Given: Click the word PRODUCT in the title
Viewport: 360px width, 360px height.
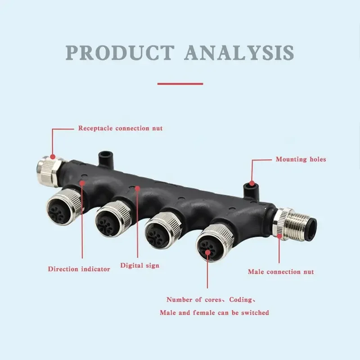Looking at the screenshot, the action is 120,53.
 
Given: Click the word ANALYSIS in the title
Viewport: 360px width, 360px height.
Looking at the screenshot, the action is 239,53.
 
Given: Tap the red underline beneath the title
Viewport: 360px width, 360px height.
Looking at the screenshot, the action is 180,84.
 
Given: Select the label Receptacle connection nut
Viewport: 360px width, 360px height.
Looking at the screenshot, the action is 120,128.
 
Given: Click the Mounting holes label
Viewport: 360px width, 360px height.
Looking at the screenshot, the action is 301,159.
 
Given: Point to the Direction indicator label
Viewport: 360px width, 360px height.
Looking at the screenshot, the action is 79,269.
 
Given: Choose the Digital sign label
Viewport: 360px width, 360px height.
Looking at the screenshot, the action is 139,265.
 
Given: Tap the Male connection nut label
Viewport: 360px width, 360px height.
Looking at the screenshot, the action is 281,272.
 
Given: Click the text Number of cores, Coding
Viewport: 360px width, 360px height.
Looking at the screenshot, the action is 211,300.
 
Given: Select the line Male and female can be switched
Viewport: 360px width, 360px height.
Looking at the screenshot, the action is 215,313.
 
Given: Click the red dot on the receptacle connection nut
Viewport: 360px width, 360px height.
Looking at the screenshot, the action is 53,157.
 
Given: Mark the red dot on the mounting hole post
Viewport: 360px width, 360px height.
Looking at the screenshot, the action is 252,184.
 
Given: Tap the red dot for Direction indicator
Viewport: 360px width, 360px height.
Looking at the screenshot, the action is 82,183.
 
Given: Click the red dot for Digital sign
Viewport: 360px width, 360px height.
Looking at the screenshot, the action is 137,189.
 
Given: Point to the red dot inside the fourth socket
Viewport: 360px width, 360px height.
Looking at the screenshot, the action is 207,252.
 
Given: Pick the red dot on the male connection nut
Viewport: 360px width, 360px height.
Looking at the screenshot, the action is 279,236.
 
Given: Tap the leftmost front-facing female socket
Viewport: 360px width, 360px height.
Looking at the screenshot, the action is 64,208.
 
